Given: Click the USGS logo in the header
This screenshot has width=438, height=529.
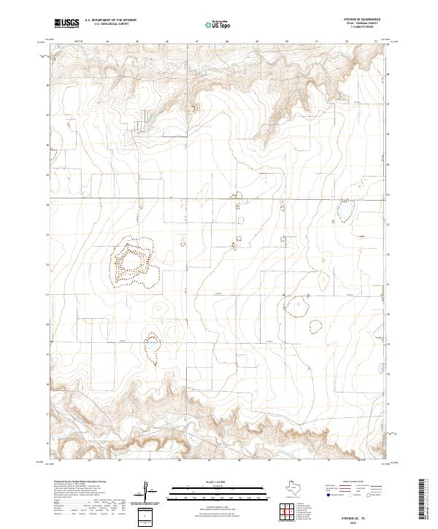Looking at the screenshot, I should (x=66, y=23).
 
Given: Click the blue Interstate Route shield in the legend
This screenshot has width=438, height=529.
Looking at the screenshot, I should (x=328, y=495).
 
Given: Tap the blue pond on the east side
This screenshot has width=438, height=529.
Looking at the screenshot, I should (x=341, y=212).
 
